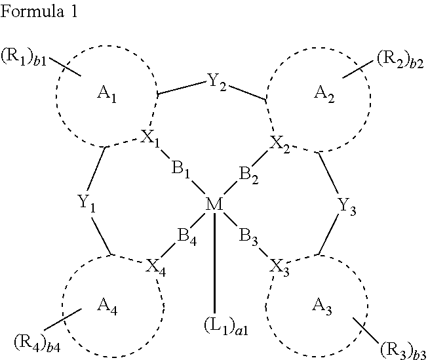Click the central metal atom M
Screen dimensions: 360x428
point(214,205)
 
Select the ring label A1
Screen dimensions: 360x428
point(107,94)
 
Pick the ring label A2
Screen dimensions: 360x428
point(323,94)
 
